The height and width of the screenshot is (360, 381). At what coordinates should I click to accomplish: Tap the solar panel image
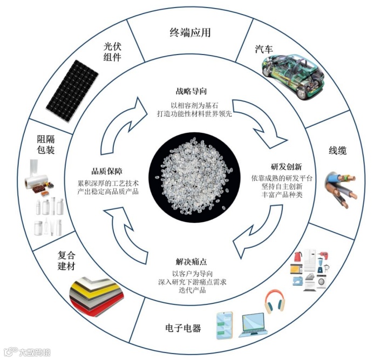point(72,90)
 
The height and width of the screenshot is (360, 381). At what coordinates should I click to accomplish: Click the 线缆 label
point(338,151)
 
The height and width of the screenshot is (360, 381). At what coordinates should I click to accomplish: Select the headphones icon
point(274,300)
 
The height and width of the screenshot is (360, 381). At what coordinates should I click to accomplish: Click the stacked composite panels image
point(99,291)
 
